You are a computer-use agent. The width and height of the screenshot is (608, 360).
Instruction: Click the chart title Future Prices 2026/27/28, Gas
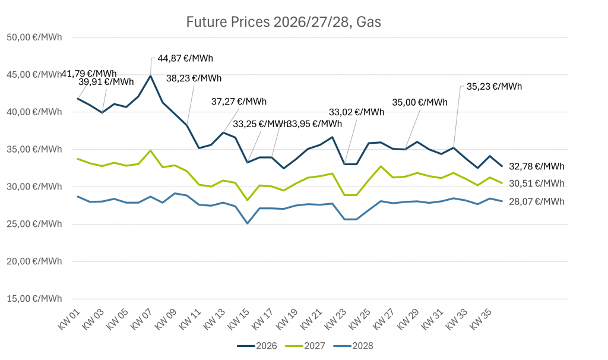pyautogui.click(x=283, y=23)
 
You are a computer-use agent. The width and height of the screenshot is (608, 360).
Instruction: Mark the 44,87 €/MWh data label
pyautogui.click(x=185, y=59)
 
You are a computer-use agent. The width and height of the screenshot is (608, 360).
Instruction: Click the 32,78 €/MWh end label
pyautogui.click(x=537, y=166)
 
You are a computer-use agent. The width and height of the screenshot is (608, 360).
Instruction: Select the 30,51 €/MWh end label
pyautogui.click(x=537, y=184)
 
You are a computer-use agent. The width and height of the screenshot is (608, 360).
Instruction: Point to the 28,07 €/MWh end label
pyautogui.click(x=537, y=202)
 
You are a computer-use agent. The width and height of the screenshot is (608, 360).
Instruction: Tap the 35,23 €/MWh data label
pyautogui.click(x=494, y=86)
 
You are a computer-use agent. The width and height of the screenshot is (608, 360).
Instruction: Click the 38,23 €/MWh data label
pyautogui.click(x=194, y=78)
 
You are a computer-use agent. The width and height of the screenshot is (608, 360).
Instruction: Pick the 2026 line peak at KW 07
pyautogui.click(x=151, y=75)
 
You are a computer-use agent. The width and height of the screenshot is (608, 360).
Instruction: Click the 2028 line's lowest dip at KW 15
pyautogui.click(x=247, y=223)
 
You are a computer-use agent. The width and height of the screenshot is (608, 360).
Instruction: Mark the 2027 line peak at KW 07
pyautogui.click(x=151, y=150)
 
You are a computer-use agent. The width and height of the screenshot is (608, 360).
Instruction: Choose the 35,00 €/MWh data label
pyautogui.click(x=420, y=102)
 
